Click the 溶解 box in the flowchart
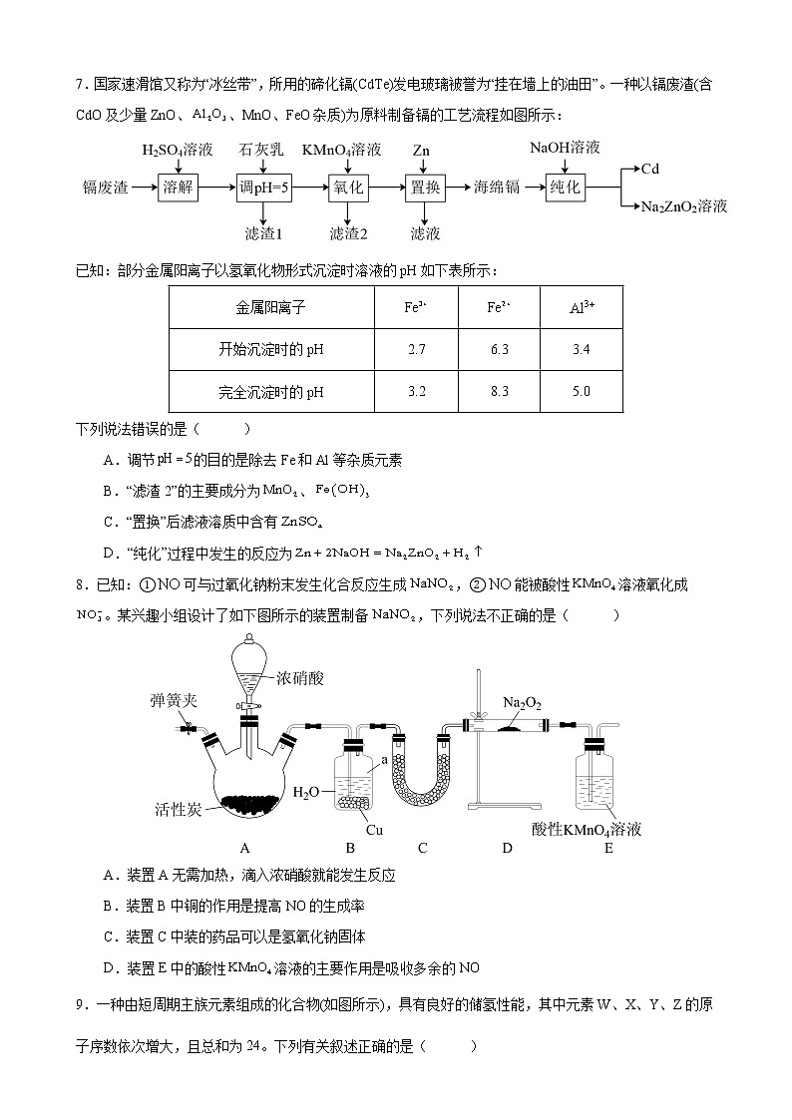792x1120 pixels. tap(178, 187)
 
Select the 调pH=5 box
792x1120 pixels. tap(263, 187)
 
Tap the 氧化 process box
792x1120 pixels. tap(348, 187)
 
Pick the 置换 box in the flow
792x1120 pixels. tap(425, 187)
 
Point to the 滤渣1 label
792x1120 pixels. tap(264, 233)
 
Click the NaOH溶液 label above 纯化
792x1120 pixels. tap(565, 147)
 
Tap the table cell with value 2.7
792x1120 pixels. tap(417, 350)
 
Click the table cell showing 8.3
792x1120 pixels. tap(500, 392)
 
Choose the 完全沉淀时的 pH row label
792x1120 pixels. tap(270, 392)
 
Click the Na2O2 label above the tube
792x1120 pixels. tap(522, 704)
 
